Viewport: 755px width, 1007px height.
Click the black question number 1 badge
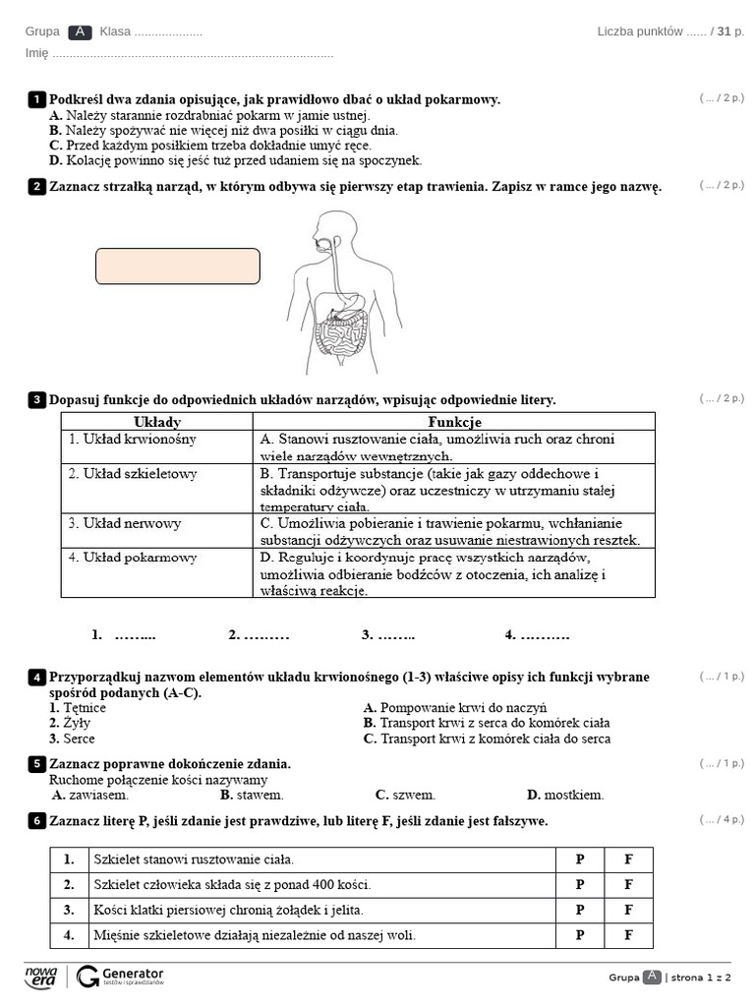(x=36, y=99)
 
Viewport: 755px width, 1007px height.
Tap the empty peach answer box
(x=178, y=267)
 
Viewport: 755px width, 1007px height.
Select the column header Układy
(x=156, y=422)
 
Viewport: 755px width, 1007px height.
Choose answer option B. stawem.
(x=252, y=795)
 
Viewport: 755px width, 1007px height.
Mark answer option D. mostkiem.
(x=565, y=795)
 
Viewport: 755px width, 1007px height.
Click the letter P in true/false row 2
(x=580, y=884)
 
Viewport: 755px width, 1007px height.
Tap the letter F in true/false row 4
(x=628, y=935)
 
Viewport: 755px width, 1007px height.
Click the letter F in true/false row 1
(x=628, y=859)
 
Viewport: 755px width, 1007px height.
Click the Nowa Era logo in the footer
(x=41, y=976)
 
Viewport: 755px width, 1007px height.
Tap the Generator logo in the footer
(x=120, y=976)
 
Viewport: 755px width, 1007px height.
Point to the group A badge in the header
(x=81, y=31)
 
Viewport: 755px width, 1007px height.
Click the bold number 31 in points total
(x=725, y=31)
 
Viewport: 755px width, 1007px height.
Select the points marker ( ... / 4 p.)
(x=722, y=819)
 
